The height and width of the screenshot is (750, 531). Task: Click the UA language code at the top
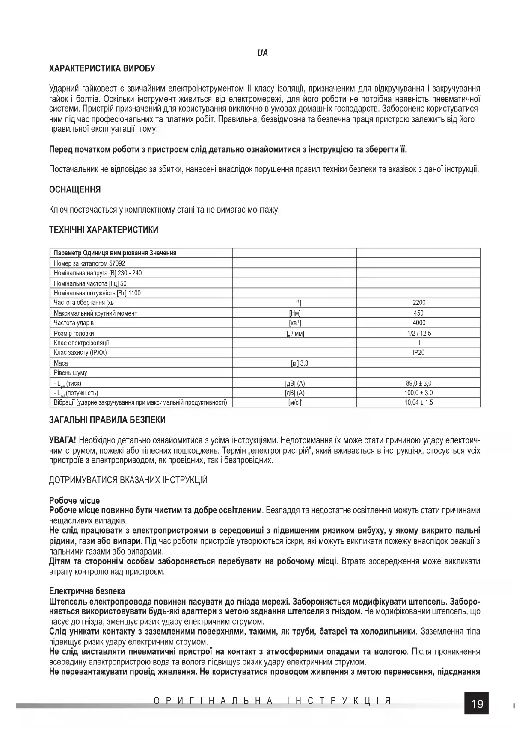coord(262,53)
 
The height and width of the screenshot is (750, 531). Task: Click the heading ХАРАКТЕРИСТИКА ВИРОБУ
coord(102,68)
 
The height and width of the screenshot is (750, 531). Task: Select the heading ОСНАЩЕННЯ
coord(75,189)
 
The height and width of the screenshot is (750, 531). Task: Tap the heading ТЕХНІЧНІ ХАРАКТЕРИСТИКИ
coord(104,230)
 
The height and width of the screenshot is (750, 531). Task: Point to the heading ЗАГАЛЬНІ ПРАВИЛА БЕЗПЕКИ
coord(107,420)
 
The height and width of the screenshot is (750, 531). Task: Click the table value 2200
coord(419,303)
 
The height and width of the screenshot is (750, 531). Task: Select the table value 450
coord(419,313)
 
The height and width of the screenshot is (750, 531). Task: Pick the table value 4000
coord(419,323)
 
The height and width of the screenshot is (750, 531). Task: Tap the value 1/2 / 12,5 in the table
coord(419,333)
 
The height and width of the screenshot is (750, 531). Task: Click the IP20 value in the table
coord(419,353)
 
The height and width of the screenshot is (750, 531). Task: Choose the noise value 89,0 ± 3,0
coord(419,383)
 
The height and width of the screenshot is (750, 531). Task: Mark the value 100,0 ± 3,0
coord(419,393)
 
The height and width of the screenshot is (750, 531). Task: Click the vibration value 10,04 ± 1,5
coord(419,402)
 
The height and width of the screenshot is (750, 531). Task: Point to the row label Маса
coord(61,363)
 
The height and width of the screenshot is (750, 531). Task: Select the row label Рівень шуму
coord(71,373)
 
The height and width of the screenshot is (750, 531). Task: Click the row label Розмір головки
coord(74,333)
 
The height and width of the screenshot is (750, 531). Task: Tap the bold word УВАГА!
coord(63,440)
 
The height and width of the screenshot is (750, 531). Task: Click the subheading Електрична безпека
coord(87,591)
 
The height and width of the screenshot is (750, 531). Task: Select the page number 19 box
coord(477,703)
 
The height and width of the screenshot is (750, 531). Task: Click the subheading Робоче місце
coord(74,500)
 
